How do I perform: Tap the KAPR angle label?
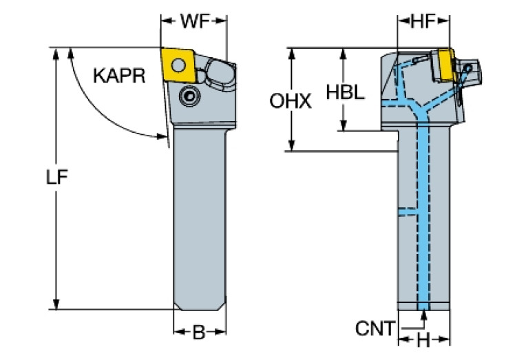click(x=119, y=75)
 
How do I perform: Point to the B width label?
click(x=198, y=333)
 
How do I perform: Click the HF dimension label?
click(x=425, y=21)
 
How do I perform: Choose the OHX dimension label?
click(x=290, y=101)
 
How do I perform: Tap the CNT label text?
click(x=376, y=328)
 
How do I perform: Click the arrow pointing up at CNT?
click(x=424, y=315)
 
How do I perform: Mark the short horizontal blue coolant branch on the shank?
click(x=409, y=209)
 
